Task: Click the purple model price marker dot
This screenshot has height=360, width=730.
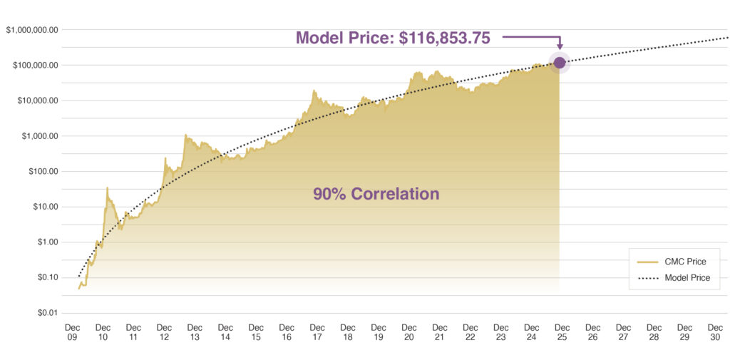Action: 560,63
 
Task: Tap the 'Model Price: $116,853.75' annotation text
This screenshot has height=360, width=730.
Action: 393,38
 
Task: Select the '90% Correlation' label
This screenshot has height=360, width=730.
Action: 376,193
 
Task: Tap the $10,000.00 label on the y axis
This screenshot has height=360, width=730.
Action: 36,101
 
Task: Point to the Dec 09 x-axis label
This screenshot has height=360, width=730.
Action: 72,332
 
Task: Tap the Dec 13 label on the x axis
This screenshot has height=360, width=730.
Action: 195,332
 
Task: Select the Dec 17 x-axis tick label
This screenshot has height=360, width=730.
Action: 317,332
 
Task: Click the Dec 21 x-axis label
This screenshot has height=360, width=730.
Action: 440,332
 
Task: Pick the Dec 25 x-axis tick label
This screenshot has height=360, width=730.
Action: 562,332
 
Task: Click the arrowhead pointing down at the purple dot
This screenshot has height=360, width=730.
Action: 560,48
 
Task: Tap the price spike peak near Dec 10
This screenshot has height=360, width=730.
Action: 107,188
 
